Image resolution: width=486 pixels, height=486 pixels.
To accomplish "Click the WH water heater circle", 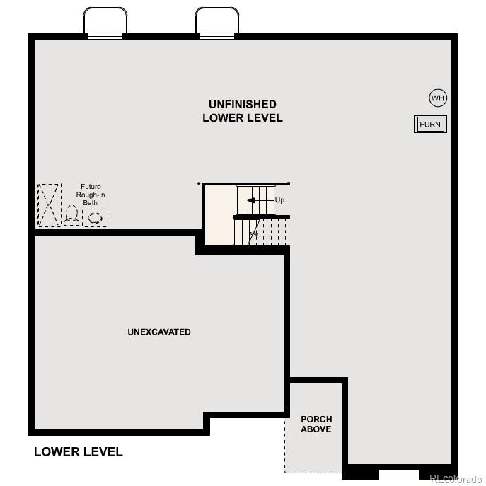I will point(438,98).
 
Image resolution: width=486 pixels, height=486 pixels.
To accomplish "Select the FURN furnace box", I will point(430,125).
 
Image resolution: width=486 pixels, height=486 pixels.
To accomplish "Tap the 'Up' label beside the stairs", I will point(279,200).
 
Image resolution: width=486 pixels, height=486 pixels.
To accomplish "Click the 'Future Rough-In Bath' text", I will point(91,195).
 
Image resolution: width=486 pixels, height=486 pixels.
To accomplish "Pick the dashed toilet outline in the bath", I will point(71,215).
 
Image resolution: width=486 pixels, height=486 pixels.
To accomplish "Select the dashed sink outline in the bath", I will point(96,218).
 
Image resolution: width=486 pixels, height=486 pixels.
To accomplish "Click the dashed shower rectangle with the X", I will point(50,205).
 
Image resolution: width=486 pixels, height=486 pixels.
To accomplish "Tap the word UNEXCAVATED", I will point(159,332).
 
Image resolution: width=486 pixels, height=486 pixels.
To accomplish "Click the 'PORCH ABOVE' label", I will point(316,424).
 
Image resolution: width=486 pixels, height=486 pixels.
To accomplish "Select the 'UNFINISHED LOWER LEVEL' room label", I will point(243,111).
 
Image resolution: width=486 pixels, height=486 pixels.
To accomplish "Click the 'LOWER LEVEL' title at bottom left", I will point(78,452).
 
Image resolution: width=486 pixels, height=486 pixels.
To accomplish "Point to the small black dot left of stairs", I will point(199,183).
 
